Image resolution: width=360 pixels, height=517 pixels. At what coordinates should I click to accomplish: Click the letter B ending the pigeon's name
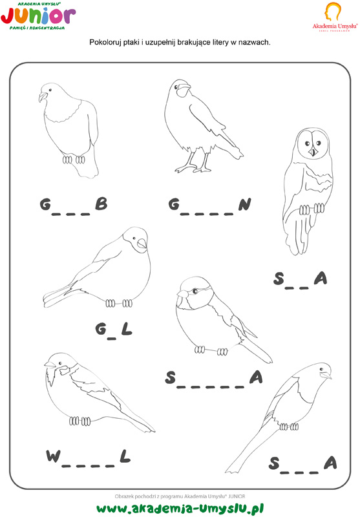pyautogui.click(x=101, y=204)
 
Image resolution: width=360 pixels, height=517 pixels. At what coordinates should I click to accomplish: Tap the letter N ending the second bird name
pyautogui.click(x=244, y=204)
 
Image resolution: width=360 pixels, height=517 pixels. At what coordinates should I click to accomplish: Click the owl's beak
pyautogui.click(x=313, y=152)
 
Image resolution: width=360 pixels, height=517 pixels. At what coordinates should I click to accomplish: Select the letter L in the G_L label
pyautogui.click(x=127, y=329)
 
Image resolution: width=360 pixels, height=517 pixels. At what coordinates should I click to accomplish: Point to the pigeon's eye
pyautogui.click(x=50, y=90)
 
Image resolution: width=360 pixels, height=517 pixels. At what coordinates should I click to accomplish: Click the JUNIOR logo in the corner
pyautogui.click(x=38, y=16)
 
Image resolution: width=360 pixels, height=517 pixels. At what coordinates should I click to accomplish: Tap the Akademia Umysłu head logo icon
pyautogui.click(x=333, y=12)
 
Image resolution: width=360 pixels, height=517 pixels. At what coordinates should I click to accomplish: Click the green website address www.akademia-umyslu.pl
pyautogui.click(x=180, y=508)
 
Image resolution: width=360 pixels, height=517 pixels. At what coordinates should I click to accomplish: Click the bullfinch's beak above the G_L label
pyautogui.click(x=142, y=244)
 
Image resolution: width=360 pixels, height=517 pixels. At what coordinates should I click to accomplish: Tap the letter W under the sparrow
pyautogui.click(x=54, y=456)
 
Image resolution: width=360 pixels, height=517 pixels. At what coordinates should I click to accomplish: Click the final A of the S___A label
pyautogui.click(x=330, y=463)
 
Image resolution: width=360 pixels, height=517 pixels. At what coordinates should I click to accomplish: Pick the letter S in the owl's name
pyautogui.click(x=279, y=279)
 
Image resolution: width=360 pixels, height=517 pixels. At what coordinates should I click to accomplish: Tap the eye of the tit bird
pyautogui.click(x=195, y=291)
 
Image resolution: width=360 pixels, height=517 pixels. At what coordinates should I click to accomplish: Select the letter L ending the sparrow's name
pyautogui.click(x=125, y=456)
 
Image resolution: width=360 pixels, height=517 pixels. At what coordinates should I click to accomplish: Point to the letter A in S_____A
pyautogui.click(x=256, y=377)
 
